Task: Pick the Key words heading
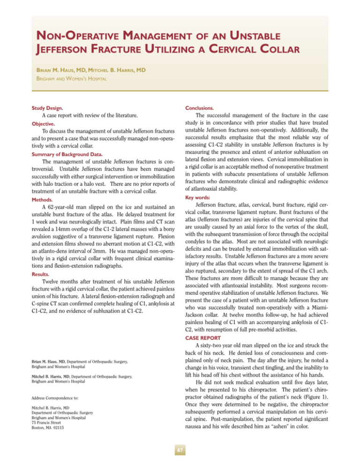pyautogui.click(x=202, y=198)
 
